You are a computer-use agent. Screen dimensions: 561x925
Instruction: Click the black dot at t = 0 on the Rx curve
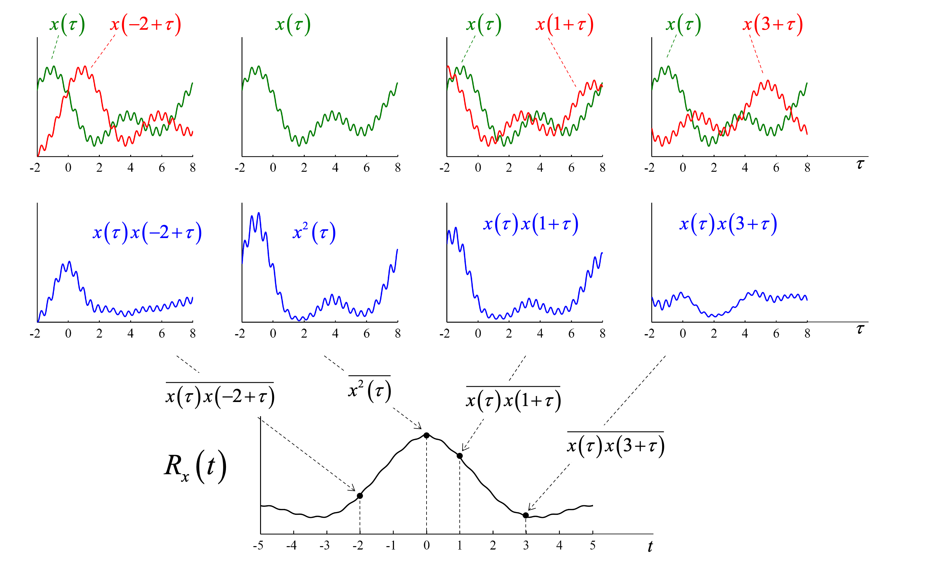pyautogui.click(x=427, y=435)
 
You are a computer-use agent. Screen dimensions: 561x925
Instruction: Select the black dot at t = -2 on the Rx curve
pyautogui.click(x=360, y=496)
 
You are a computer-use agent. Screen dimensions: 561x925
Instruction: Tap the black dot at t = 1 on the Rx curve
pyautogui.click(x=459, y=456)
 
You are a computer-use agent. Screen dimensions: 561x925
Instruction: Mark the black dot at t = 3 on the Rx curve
pyautogui.click(x=525, y=515)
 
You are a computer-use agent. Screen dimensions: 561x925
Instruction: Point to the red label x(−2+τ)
pyautogui.click(x=146, y=25)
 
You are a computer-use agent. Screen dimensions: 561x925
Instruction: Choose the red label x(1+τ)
pyautogui.click(x=564, y=25)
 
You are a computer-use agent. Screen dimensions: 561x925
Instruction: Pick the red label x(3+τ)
pyautogui.click(x=772, y=25)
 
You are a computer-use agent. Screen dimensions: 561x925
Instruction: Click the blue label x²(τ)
pyautogui.click(x=314, y=233)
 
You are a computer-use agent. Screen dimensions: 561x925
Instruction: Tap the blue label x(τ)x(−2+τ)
pyautogui.click(x=147, y=233)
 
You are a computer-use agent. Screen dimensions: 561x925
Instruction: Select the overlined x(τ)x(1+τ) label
pyautogui.click(x=513, y=401)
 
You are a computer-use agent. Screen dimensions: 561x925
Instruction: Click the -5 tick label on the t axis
pyautogui.click(x=258, y=545)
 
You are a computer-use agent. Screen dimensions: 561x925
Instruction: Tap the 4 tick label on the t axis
pyautogui.click(x=559, y=545)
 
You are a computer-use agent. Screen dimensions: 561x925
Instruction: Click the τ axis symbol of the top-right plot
pyautogui.click(x=860, y=164)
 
